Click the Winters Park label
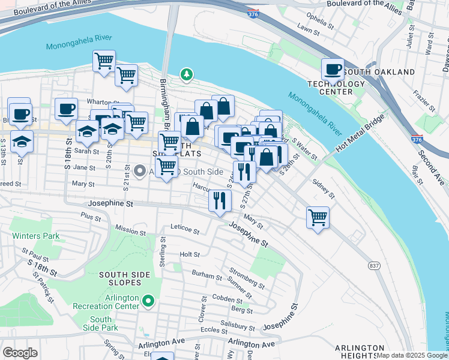[36, 236]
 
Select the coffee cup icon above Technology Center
[333, 70]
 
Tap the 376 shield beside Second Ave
[418, 139]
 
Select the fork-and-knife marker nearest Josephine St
[220, 201]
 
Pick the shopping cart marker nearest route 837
[318, 217]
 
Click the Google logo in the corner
[20, 352]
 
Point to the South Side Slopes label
[124, 278]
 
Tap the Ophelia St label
[319, 16]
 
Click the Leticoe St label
[184, 229]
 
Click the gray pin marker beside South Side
[139, 172]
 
